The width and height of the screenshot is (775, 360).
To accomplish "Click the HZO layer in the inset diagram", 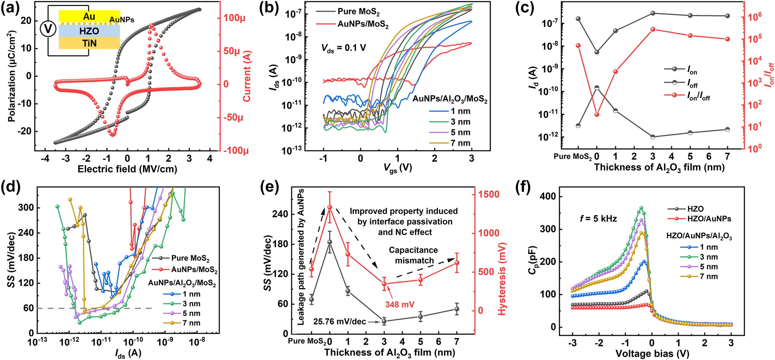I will coord(89,31).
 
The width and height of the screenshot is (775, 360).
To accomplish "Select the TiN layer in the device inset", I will coord(89,43).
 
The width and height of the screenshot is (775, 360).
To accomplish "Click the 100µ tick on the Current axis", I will coord(234,18).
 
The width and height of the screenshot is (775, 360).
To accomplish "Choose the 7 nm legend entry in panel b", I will coord(460,143).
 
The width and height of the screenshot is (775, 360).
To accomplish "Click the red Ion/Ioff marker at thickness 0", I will coord(597,114).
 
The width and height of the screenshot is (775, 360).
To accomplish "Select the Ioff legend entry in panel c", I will coord(692,83).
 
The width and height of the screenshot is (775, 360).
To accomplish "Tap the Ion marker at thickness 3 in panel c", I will coord(653,13).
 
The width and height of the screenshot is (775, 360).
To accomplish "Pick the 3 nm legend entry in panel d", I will coord(191,304).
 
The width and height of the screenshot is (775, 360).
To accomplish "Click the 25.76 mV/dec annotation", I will coord(339,322).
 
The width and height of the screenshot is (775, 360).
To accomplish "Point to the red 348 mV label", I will coord(400,305).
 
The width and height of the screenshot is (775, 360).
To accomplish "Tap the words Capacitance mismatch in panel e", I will coord(413,255).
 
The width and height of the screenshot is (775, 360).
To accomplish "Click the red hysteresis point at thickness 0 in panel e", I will coord(330,207).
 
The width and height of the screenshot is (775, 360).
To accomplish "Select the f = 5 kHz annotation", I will coord(598,219).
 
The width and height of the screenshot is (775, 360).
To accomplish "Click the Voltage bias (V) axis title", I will coord(652,353).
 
